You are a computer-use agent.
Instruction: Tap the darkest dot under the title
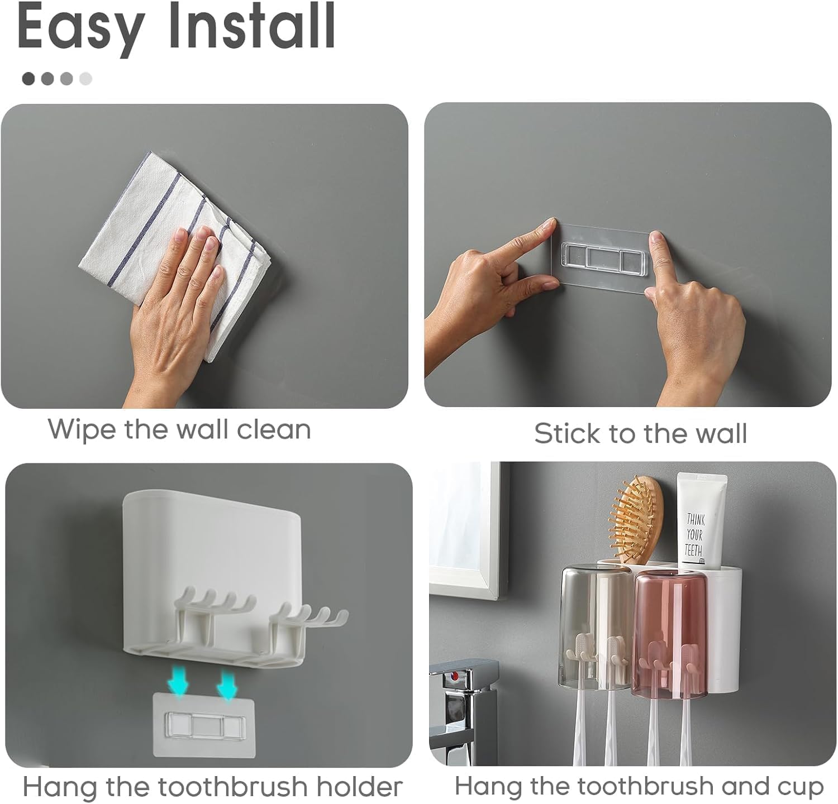[28, 79]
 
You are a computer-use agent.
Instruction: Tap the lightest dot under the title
[85, 79]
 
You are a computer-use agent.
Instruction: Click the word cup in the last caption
[803, 787]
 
